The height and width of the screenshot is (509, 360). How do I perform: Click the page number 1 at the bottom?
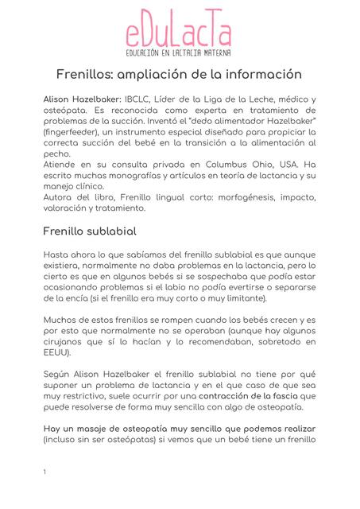pyautogui.click(x=45, y=472)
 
